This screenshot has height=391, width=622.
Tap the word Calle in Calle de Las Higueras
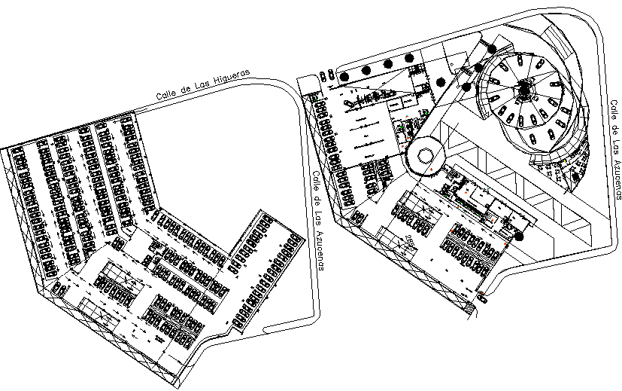[167, 94]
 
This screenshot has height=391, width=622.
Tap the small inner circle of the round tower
[425, 156]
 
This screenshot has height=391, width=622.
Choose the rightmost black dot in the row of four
[409, 57]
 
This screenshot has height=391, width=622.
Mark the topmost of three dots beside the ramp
[491, 50]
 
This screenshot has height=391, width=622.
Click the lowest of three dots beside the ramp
[467, 87]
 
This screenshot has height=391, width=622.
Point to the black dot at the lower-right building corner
[519, 237]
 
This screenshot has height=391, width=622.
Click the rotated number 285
[409, 243]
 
